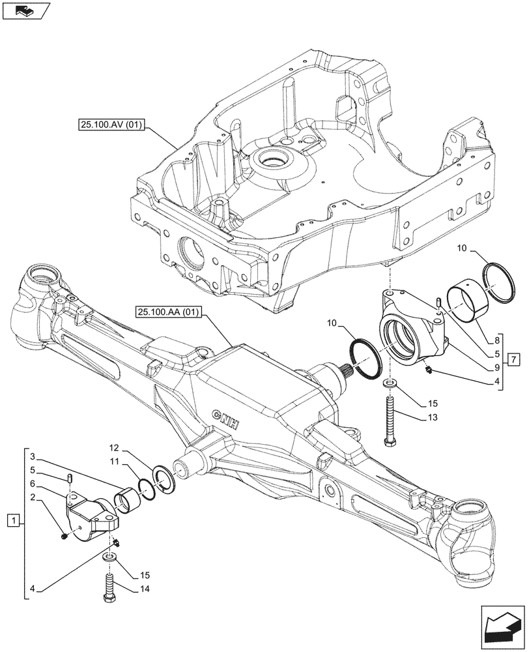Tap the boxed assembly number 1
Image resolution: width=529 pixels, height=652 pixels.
click(x=11, y=520)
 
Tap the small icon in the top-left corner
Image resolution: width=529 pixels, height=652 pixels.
click(x=26, y=10)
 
